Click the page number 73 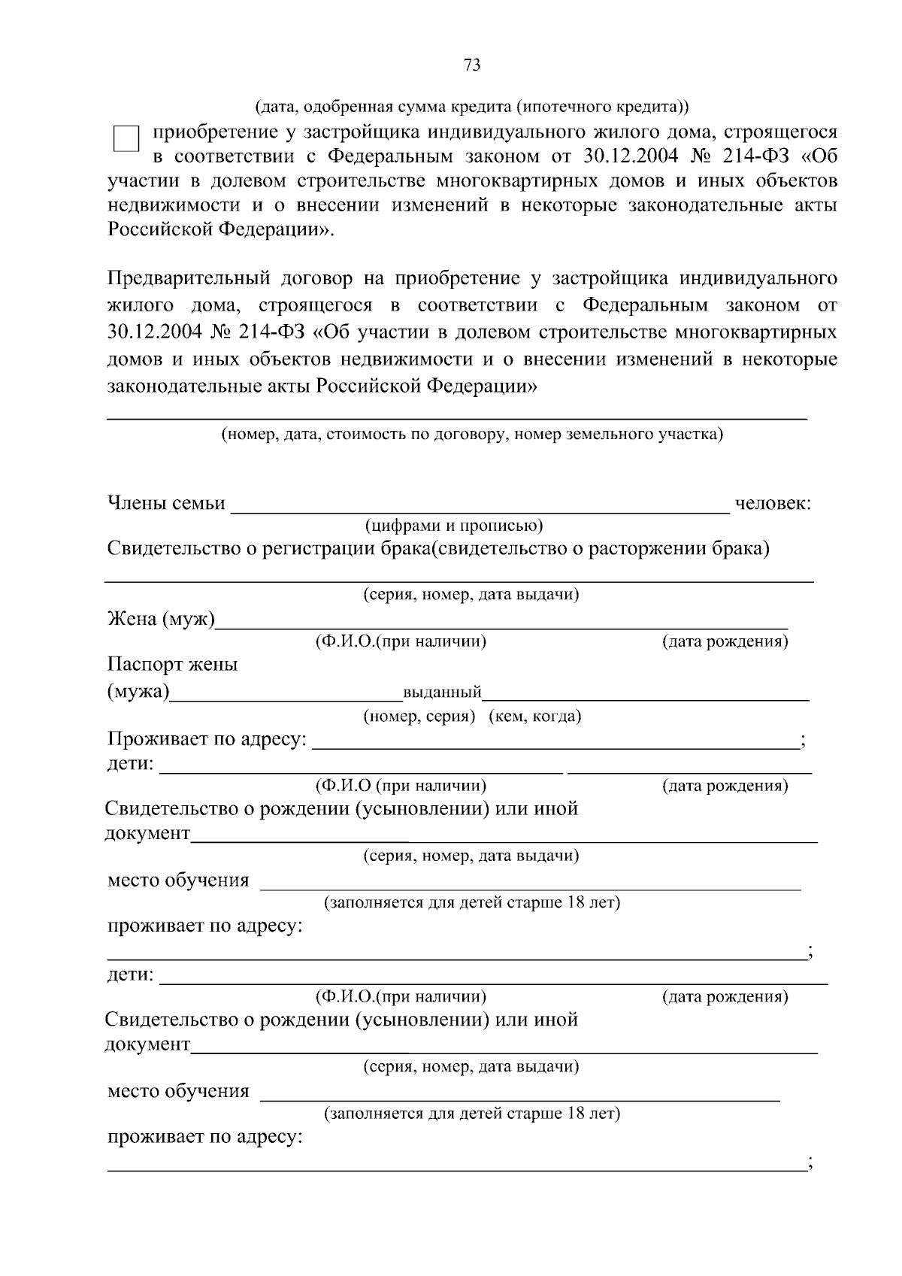coord(472,65)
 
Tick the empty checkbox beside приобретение coord(126,140)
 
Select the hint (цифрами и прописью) coord(454,526)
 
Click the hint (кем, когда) coord(535,717)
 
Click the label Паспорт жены coord(173,665)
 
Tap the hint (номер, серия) coord(419,717)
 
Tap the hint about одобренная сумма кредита coord(472,107)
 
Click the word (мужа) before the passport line coord(138,691)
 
